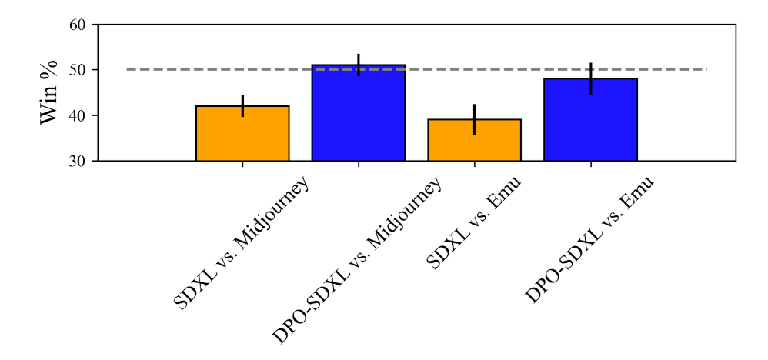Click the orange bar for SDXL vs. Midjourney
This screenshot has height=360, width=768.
click(x=242, y=134)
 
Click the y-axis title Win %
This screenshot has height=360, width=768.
click(x=50, y=92)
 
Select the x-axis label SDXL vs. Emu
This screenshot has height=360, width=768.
click(x=473, y=223)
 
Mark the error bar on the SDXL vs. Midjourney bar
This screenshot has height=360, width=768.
click(x=242, y=105)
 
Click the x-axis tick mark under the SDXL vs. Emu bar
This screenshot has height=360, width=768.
click(x=474, y=164)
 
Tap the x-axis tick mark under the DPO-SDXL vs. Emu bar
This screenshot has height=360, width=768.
click(x=590, y=164)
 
